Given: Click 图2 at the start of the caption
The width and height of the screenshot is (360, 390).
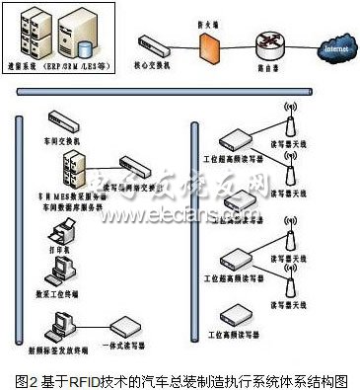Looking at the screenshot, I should [x=27, y=378].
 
